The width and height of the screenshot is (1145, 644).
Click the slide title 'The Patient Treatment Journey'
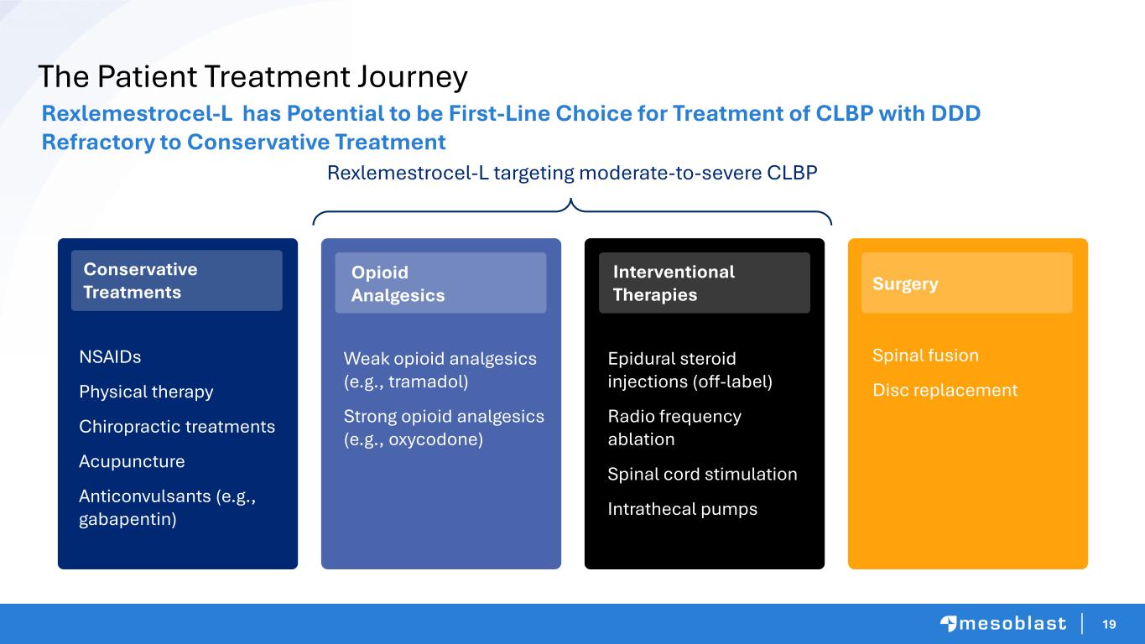coord(253,76)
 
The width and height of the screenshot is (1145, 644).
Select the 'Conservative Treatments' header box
coord(177,281)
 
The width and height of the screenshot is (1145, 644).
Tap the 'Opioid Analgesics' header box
coord(440,283)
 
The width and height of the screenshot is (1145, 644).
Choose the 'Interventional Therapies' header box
coord(705,283)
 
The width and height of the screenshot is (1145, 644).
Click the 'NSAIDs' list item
coord(110,356)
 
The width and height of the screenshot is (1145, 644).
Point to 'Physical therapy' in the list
coord(146,392)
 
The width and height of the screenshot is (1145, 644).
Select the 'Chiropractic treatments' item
coord(177,426)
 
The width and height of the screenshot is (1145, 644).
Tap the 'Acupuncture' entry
coord(132,461)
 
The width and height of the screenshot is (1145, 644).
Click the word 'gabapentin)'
coord(128,519)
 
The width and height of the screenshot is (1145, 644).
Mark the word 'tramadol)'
coord(429,382)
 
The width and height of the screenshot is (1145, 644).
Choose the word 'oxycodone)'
coord(435,439)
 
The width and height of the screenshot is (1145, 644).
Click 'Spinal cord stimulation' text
coord(702,475)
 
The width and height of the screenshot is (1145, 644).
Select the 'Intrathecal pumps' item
coord(683,509)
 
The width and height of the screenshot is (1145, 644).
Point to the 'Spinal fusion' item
coord(925,356)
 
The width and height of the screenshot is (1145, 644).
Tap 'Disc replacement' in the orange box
coord(945,391)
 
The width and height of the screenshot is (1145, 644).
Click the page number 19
coord(1109,624)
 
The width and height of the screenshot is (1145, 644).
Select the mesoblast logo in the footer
coord(1003,624)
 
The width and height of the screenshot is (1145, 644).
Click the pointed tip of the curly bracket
coord(571,200)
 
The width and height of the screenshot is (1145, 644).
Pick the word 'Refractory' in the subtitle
coord(97,142)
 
